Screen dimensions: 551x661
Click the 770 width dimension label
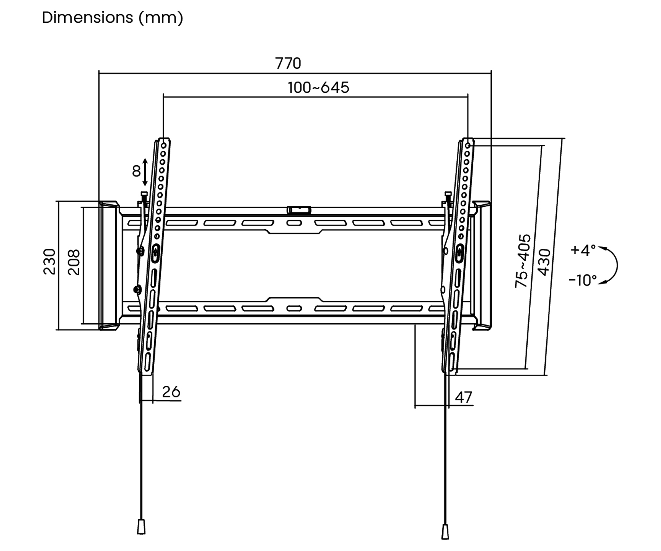[288, 63]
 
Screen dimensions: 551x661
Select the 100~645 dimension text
[318, 87]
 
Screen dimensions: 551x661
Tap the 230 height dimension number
[50, 262]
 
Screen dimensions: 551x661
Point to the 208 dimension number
[74, 262]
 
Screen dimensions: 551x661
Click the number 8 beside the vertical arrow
[136, 171]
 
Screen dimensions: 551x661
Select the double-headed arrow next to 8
[145, 172]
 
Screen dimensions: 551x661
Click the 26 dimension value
[171, 392]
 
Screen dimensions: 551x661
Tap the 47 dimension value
[463, 397]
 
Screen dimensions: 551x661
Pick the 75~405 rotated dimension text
[523, 261]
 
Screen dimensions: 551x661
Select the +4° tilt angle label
[583, 250]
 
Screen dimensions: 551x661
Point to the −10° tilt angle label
[583, 280]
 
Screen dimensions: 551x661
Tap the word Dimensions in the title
[87, 18]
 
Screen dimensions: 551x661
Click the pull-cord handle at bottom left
[141, 526]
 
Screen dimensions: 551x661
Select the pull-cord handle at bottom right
[445, 532]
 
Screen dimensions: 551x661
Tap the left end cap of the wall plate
[108, 265]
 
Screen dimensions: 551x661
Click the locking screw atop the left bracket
[144, 198]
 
